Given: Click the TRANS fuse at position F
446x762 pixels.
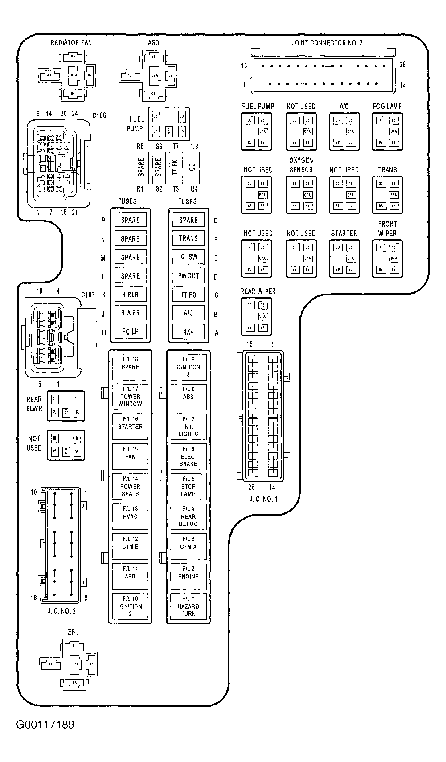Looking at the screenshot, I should [x=188, y=238].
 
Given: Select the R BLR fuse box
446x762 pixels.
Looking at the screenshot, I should [x=130, y=295].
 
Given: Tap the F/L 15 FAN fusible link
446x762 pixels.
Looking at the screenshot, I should [x=130, y=456].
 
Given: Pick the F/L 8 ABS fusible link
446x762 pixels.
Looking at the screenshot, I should [x=188, y=397].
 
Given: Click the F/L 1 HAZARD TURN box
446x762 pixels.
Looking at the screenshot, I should [x=188, y=606].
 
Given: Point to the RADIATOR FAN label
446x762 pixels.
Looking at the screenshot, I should [x=71, y=43].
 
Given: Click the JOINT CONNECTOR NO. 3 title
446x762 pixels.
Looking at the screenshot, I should [x=327, y=43].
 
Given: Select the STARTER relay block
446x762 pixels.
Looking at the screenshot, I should [x=344, y=258].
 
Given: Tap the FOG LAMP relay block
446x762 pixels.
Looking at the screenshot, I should [x=387, y=131].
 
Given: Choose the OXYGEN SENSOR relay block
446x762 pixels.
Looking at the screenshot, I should [x=301, y=195].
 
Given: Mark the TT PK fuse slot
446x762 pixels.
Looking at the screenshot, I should [x=175, y=167].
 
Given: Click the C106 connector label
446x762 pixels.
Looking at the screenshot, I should [x=99, y=115].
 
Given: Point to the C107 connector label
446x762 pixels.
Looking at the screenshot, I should [x=88, y=295].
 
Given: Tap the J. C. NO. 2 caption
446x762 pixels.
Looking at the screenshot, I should [x=61, y=611].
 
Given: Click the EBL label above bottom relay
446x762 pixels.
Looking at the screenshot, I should [x=73, y=632].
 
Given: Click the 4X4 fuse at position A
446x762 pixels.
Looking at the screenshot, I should [x=188, y=332].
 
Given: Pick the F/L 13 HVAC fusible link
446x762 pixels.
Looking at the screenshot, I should [x=130, y=516].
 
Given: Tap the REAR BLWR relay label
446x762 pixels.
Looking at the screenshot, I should [x=34, y=404].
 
